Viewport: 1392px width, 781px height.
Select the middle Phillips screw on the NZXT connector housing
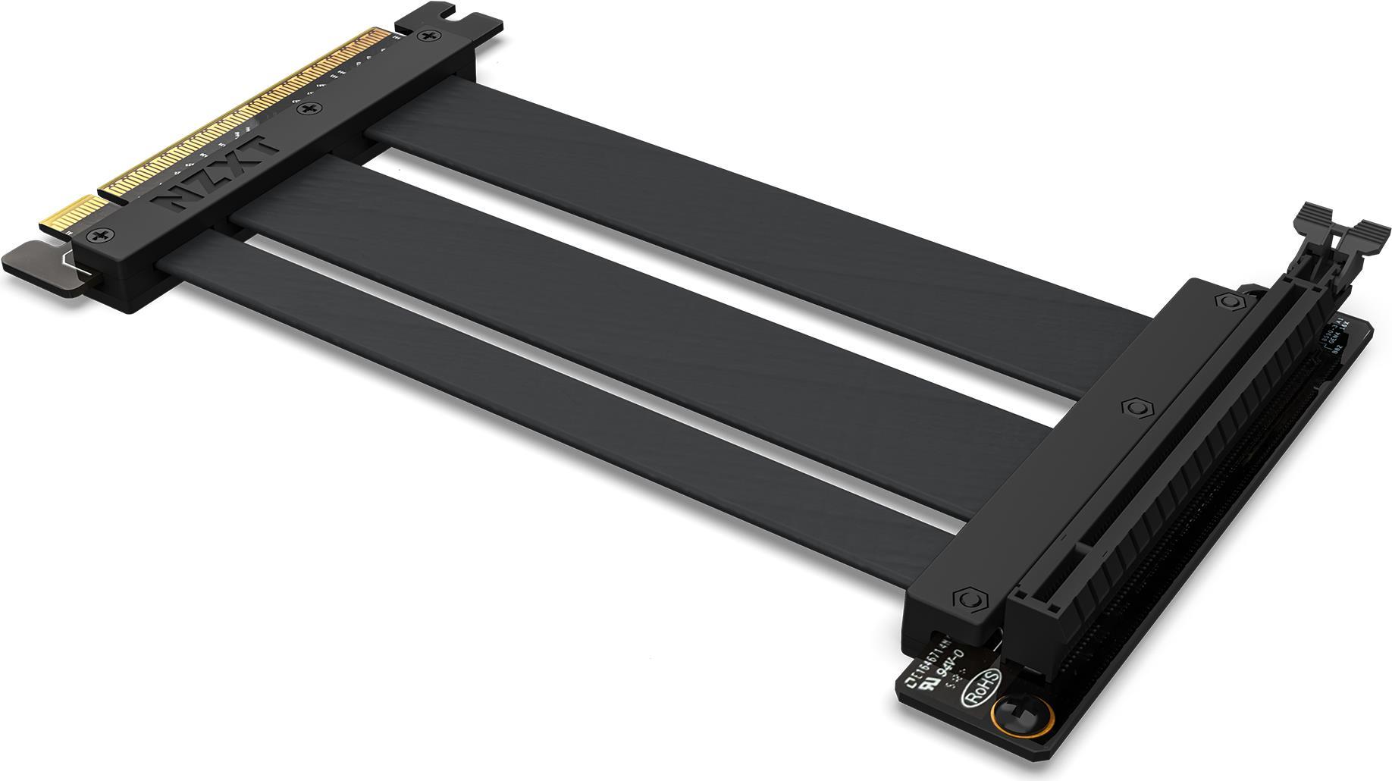[x=309, y=111]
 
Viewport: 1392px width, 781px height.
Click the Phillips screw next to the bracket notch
[x=429, y=36]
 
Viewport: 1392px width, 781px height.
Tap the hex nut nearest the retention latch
[x=1228, y=301]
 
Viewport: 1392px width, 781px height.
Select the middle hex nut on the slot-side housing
[x=1133, y=407]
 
